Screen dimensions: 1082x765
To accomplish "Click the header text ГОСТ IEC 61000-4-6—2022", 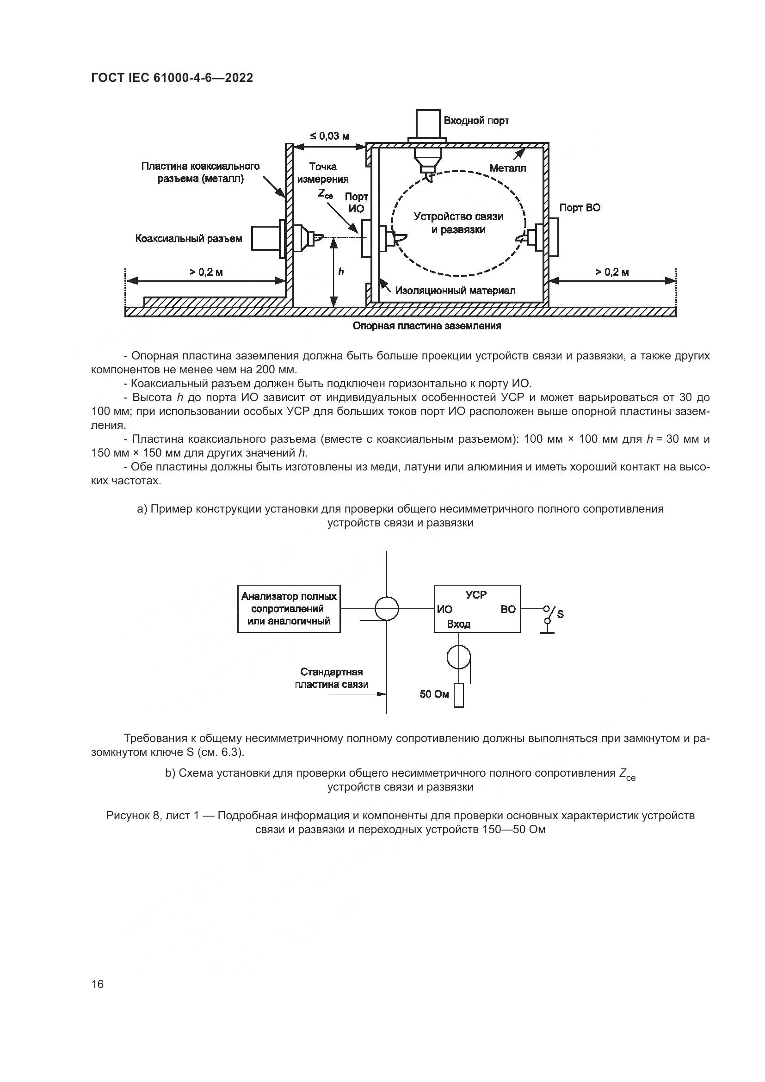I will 172,78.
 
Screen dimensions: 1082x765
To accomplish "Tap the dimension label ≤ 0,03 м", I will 329,136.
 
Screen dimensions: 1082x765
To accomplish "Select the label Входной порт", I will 476,121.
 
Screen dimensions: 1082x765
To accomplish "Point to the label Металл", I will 507,168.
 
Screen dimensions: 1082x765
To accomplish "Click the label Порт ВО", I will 580,208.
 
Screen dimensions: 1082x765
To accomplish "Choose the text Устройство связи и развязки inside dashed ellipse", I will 458,223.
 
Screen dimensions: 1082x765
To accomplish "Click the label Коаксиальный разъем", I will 188,238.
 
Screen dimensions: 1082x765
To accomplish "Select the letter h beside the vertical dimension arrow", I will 341,272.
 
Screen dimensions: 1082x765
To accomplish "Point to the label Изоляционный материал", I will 455,291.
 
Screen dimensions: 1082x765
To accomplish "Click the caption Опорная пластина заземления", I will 427,326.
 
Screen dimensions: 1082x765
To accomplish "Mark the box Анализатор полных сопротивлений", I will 289,608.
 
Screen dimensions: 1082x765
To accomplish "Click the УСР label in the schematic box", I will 476,595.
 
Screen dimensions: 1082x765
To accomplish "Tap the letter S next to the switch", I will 561,614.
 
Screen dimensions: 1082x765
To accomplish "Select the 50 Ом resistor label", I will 434,694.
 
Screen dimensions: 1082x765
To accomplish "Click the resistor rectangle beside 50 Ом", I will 458,695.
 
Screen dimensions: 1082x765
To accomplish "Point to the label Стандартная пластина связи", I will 331,678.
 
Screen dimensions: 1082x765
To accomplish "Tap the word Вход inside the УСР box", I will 458,624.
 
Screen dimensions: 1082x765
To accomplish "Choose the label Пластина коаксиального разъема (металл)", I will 200,173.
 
